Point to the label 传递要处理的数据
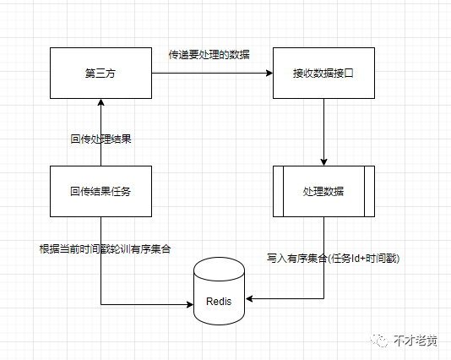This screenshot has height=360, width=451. (x=209, y=55)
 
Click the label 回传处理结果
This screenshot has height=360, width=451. (x=101, y=139)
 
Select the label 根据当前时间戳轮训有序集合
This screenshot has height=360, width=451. (x=105, y=249)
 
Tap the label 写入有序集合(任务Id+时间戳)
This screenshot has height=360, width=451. (x=333, y=259)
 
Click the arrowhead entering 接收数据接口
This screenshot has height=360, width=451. (x=269, y=73)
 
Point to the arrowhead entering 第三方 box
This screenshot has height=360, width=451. (x=101, y=102)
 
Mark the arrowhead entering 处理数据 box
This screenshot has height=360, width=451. (x=323, y=162)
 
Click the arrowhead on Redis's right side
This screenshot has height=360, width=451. (x=249, y=298)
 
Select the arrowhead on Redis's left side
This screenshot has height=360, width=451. (x=190, y=304)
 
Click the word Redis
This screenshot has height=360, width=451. (x=219, y=302)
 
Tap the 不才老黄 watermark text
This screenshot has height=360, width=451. (x=416, y=341)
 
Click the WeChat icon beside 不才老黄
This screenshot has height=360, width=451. (x=379, y=341)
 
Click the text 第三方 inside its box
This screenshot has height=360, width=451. (x=101, y=74)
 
